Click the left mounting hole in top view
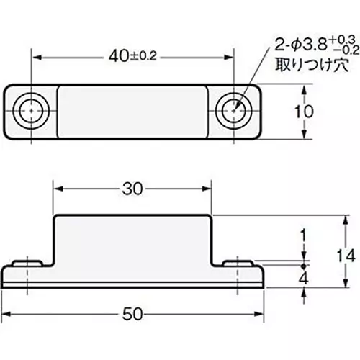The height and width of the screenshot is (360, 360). point(32,111)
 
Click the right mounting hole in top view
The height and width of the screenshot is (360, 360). point(235,111)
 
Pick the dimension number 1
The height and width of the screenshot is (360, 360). point(303,235)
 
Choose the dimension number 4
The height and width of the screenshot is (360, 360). point(303,278)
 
